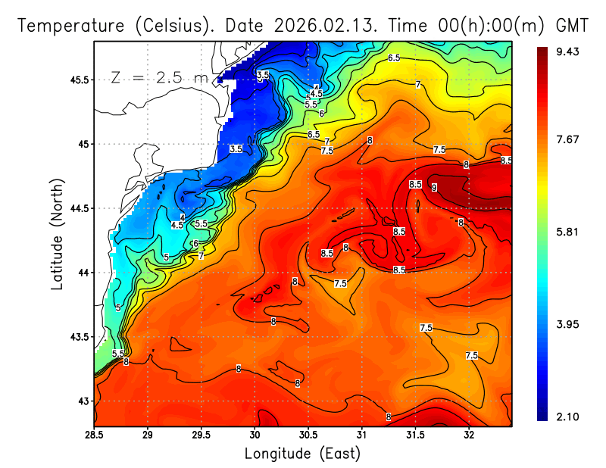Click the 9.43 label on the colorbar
(x=567, y=51)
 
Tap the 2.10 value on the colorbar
(x=567, y=417)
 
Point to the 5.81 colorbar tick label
(x=567, y=232)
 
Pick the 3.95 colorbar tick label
(x=567, y=324)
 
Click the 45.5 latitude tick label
(x=77, y=80)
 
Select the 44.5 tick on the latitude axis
(x=77, y=208)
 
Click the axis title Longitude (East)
(x=302, y=454)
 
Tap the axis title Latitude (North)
(x=57, y=234)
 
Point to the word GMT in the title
(x=573, y=26)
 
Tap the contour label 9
(x=435, y=187)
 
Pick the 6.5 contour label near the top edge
(x=394, y=58)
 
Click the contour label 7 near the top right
(x=418, y=85)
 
